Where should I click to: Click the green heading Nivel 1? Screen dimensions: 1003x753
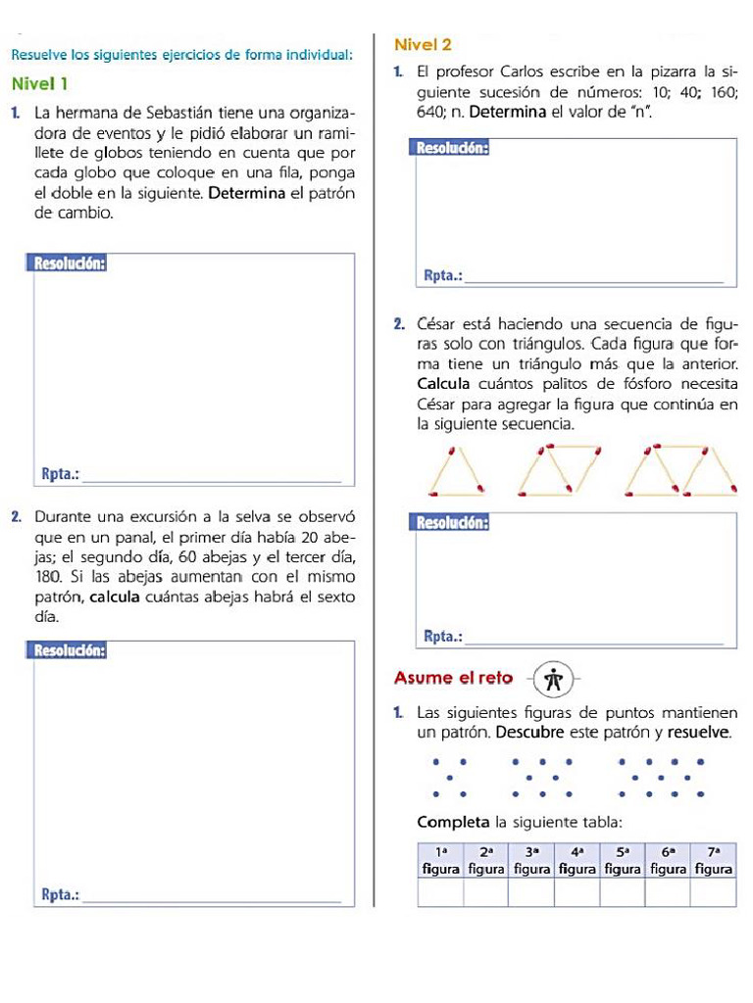40,83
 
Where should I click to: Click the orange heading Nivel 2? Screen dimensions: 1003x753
422,45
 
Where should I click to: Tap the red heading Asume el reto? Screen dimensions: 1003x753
453,678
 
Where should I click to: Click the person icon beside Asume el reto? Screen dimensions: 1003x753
555,678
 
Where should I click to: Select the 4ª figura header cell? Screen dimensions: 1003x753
577,861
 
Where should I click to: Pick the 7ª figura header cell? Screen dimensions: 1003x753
713,861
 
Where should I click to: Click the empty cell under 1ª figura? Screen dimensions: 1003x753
439,893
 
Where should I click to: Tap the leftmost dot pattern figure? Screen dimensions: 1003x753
449,777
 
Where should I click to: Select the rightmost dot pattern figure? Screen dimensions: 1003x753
660,777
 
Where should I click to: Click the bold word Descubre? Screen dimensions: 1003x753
530,732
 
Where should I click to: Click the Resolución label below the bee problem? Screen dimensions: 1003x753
70,650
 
